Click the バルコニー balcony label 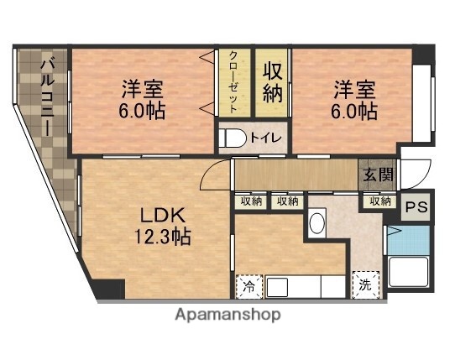(48, 94)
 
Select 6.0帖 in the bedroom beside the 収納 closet (353, 110)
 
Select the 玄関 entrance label (374, 175)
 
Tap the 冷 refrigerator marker (248, 286)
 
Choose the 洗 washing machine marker (364, 285)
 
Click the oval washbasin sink (316, 223)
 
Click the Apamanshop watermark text (227, 315)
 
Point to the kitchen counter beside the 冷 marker (302, 286)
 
